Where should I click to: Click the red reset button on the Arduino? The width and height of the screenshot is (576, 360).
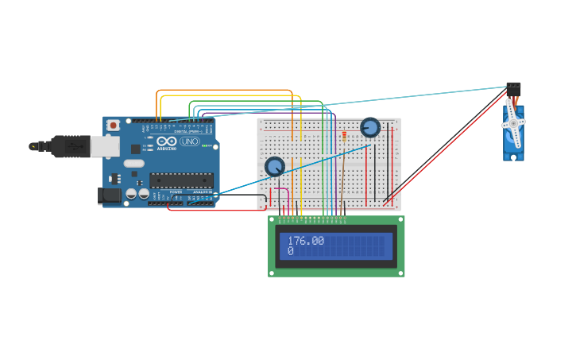[x=114, y=125]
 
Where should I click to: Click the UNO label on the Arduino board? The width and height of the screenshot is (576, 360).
[x=190, y=141]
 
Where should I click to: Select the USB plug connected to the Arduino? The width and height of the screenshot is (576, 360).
[x=75, y=146]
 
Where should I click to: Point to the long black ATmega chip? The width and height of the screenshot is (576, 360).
[x=181, y=180]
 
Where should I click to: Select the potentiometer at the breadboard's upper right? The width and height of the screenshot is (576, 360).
[x=370, y=127]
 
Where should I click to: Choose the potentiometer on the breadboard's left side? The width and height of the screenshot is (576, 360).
[x=274, y=166]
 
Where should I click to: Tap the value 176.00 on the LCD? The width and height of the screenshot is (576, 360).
[x=306, y=240]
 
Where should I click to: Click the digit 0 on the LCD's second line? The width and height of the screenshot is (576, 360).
[x=291, y=251]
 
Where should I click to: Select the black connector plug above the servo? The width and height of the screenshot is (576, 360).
[x=513, y=89]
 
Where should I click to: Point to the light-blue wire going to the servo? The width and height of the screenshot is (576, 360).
[x=397, y=101]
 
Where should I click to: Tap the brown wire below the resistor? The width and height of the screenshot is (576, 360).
[x=344, y=179]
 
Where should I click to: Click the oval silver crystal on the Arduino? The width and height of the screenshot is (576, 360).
[x=133, y=163]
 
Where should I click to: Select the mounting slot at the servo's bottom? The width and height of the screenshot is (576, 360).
[x=513, y=157]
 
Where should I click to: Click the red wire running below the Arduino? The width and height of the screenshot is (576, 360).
[x=215, y=211]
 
